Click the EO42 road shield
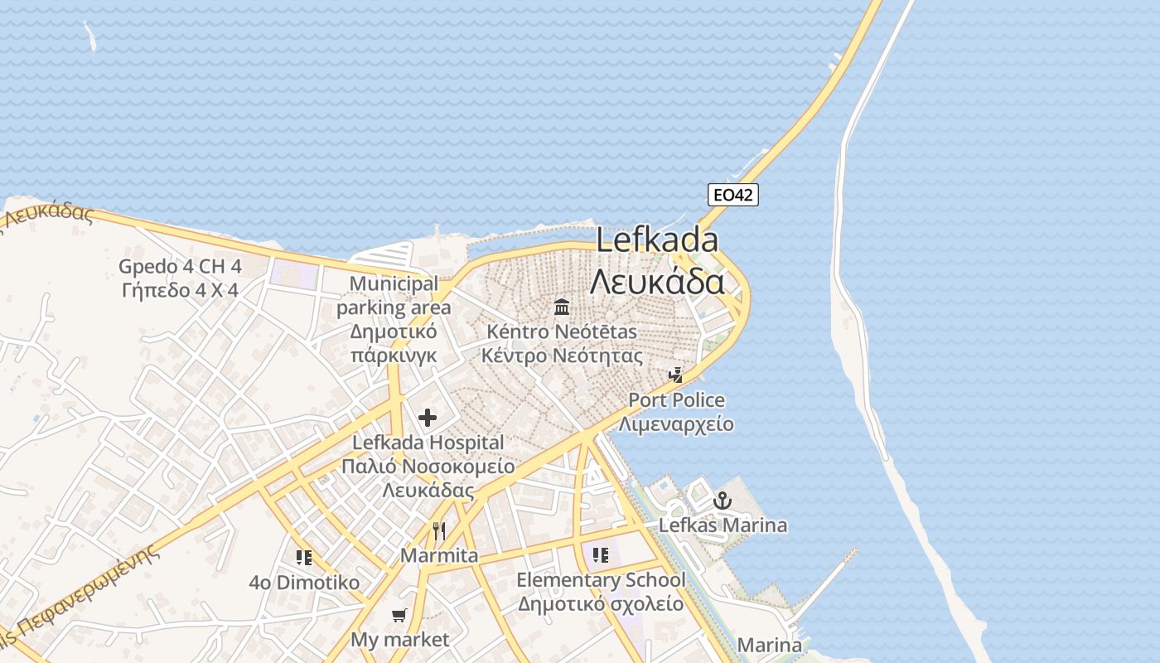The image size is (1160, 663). click(733, 195)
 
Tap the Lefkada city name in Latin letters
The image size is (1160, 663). click(657, 240)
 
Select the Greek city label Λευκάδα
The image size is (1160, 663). click(657, 282)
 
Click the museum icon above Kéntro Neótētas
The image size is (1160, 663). click(562, 307)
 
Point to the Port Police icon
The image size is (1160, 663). click(676, 375)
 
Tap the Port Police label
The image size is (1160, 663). click(676, 400)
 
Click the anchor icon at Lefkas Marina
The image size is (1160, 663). click(723, 501)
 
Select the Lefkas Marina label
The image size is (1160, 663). click(723, 525)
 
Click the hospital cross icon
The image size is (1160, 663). click(428, 418)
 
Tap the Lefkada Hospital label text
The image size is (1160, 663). click(428, 443)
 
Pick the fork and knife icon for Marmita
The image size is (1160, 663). click(439, 530)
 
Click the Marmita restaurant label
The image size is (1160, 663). click(439, 555)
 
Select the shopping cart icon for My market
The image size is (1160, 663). click(399, 615)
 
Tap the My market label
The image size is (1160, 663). click(399, 640)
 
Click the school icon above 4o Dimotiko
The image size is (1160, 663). click(304, 557)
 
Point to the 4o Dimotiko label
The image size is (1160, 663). click(304, 583)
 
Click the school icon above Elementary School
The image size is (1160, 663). click(601, 554)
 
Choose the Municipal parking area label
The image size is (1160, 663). click(394, 296)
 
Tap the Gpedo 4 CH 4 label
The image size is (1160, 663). click(180, 267)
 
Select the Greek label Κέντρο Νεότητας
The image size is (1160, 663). click(562, 356)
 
